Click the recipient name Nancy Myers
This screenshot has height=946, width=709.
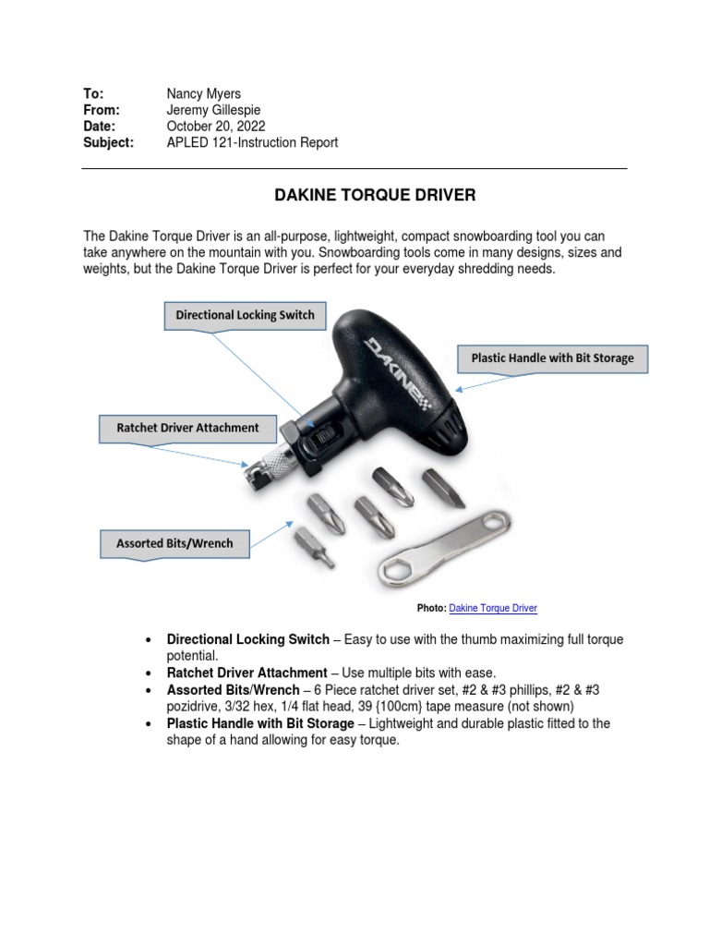(202, 93)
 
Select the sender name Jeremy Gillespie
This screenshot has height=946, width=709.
(211, 110)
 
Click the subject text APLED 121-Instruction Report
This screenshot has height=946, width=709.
(252, 143)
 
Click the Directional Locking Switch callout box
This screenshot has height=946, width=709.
(245, 315)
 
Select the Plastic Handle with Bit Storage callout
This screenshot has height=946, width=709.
(552, 358)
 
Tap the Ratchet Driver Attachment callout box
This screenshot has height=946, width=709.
(187, 428)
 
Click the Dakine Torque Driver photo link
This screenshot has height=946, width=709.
(493, 608)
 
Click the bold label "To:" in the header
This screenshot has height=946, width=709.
(93, 93)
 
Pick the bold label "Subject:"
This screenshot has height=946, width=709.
(108, 143)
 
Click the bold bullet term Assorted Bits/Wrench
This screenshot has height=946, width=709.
(233, 690)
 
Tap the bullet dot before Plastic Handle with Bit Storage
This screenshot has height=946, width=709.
(150, 724)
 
